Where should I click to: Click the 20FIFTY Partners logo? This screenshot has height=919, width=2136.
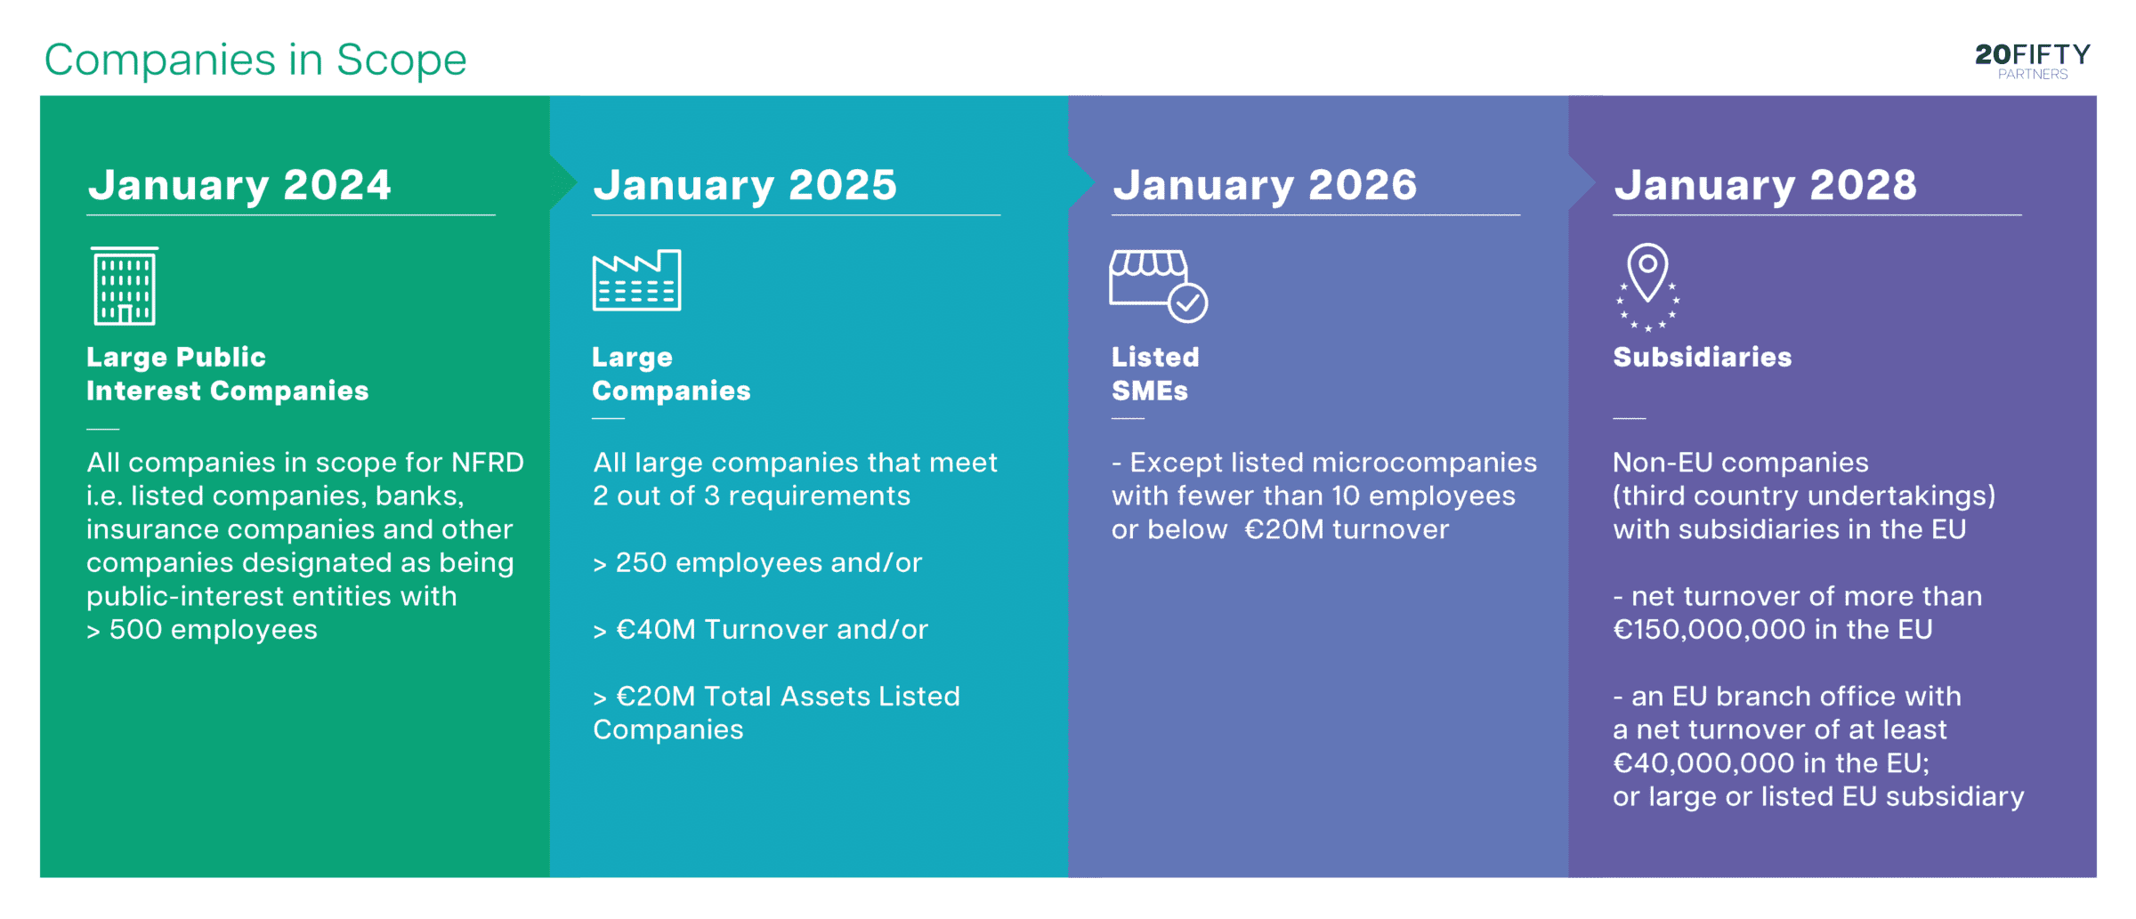point(2032,61)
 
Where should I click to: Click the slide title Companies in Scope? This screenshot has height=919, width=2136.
point(255,60)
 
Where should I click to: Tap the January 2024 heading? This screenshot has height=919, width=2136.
point(239,186)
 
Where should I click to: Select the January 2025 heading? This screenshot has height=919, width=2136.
point(745,186)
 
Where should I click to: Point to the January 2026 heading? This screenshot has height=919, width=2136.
point(1265,186)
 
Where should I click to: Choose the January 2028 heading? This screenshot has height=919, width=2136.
point(1766,186)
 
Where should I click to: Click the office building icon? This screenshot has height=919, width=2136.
point(125,286)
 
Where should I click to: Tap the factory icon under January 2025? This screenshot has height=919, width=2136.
point(637,280)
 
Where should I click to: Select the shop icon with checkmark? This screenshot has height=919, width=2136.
point(1158,286)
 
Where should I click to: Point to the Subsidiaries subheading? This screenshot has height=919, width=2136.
point(1703,358)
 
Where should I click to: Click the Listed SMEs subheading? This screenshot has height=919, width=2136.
point(1155,374)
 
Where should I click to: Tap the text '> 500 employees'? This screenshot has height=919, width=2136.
point(202,630)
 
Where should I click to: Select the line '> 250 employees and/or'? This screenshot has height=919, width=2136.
point(757,563)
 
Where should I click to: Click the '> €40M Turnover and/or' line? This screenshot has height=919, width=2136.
point(761,630)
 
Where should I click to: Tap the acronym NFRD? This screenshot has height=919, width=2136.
point(488,463)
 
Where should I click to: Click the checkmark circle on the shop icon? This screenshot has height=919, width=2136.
point(1187,303)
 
